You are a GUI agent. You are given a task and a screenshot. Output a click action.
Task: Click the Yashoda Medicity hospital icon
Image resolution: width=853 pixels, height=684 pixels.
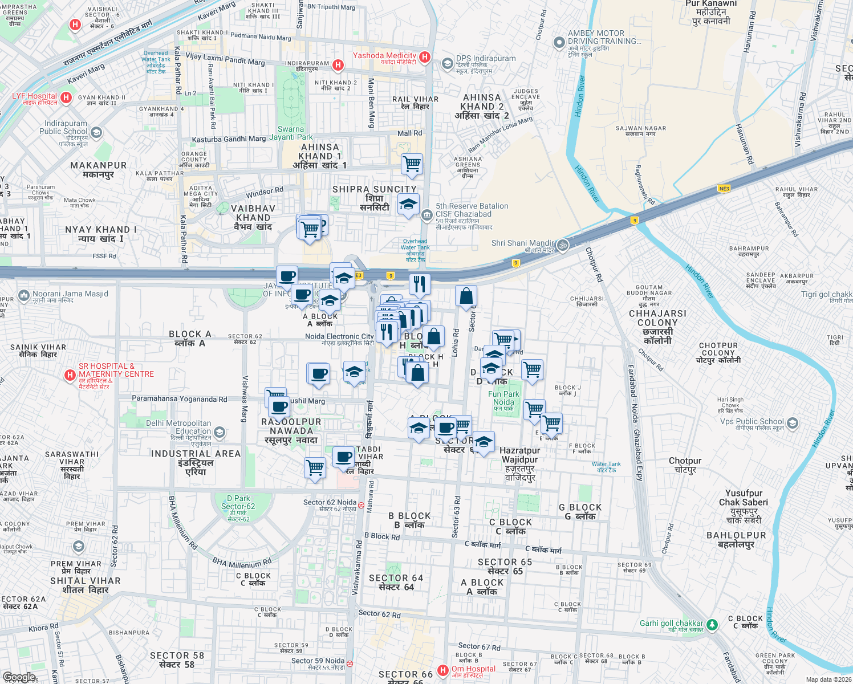click(x=425, y=57)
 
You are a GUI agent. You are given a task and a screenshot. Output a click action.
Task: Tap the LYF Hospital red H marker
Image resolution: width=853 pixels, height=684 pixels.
click(x=66, y=98)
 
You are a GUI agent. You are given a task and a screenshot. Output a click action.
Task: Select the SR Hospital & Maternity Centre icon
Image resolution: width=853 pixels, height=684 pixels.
click(x=70, y=375)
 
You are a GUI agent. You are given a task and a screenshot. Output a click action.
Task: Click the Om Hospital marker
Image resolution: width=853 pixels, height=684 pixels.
click(x=443, y=670)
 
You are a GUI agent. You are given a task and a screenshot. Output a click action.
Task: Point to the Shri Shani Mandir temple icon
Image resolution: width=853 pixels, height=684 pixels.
click(x=563, y=245)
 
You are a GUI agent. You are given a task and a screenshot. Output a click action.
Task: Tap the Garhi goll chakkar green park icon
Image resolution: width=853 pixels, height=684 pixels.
click(x=712, y=625)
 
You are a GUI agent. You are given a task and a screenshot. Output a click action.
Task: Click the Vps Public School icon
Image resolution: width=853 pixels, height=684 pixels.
click(x=792, y=424)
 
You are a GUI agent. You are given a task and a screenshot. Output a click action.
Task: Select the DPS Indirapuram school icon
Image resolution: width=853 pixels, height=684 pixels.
click(x=448, y=63)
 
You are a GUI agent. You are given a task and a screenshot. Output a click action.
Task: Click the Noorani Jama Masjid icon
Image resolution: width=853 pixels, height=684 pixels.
click(x=24, y=295)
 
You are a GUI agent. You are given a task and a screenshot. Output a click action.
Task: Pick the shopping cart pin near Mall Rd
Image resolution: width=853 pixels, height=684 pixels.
click(x=412, y=164)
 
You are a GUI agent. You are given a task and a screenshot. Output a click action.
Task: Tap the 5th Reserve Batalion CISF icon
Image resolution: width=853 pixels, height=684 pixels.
click(x=427, y=215)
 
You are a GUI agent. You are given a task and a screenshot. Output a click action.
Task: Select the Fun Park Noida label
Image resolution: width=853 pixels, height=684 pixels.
click(x=503, y=398)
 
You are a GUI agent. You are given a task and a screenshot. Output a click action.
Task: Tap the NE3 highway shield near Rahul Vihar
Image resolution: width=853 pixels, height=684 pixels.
click(x=724, y=189)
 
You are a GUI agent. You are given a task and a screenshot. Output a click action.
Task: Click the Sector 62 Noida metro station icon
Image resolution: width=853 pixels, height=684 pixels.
click(x=361, y=504)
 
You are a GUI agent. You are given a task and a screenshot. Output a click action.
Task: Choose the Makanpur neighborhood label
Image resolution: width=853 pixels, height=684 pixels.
click(x=99, y=169)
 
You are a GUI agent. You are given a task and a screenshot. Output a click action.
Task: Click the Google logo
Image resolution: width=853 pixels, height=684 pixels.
click(x=19, y=677)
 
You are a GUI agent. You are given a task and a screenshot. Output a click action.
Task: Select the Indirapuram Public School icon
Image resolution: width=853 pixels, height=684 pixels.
click(x=96, y=133)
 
